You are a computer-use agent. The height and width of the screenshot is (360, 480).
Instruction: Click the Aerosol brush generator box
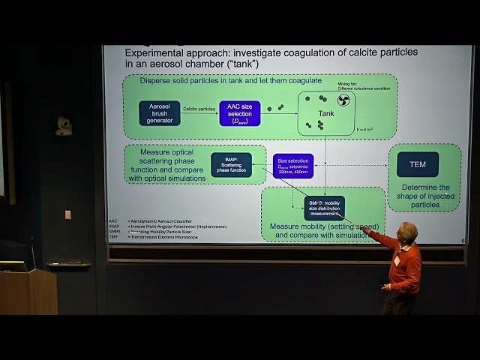pyautogui.click(x=159, y=112)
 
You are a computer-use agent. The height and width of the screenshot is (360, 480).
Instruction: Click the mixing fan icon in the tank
pyautogui.click(x=343, y=100)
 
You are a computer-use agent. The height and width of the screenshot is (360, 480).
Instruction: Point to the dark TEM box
pyautogui.click(x=418, y=163)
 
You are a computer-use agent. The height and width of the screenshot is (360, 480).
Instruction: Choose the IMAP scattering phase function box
pyautogui.click(x=230, y=165)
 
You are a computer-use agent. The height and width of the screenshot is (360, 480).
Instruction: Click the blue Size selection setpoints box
pyautogui.click(x=292, y=165)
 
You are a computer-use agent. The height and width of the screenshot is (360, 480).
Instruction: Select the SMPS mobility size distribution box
pyautogui.click(x=324, y=207)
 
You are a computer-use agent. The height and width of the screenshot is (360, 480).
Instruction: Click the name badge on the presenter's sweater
pyautogui.click(x=396, y=259)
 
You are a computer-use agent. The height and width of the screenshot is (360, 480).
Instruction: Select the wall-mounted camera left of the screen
pyautogui.click(x=64, y=125)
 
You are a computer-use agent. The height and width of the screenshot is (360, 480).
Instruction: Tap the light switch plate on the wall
pyautogui.click(x=67, y=214)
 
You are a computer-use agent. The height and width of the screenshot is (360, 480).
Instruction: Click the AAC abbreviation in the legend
pyautogui.click(x=113, y=221)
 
